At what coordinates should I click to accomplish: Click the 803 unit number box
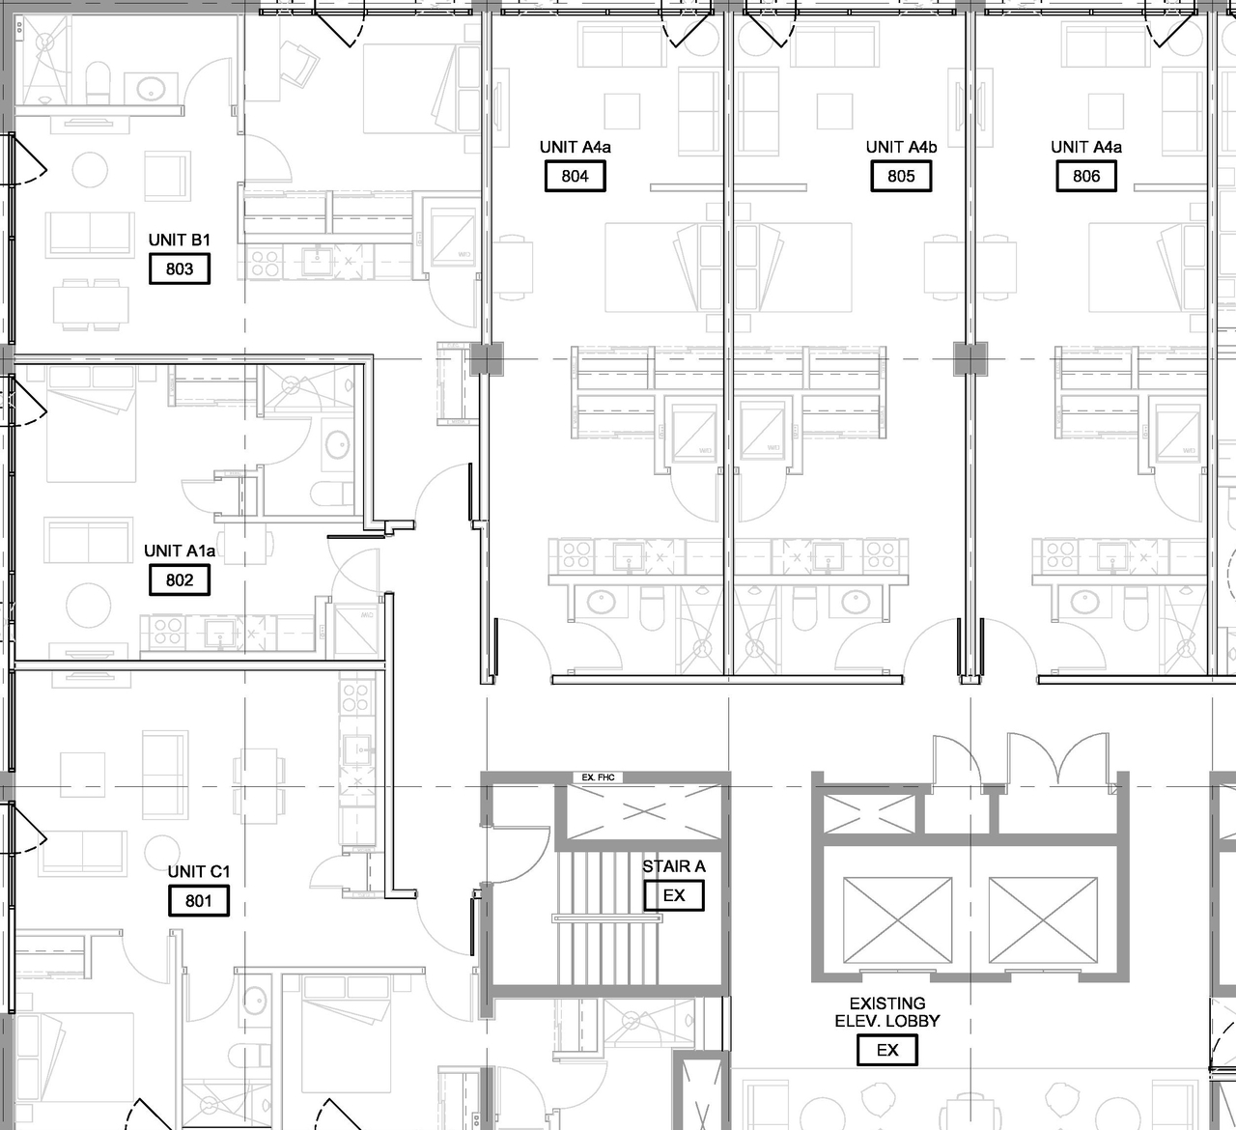click(180, 269)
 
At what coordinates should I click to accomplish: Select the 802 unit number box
click(180, 580)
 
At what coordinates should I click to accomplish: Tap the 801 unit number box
click(199, 901)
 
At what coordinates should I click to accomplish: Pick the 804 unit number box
click(575, 176)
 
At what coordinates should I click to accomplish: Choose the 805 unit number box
click(901, 176)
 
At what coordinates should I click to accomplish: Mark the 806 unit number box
click(1086, 176)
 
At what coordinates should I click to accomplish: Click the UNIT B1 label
click(180, 240)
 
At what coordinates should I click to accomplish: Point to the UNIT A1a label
click(180, 551)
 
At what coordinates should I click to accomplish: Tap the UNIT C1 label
click(199, 872)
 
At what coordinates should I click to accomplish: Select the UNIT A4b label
click(901, 147)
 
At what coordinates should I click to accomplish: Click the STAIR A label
click(674, 866)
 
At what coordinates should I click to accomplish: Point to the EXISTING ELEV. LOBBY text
click(887, 1012)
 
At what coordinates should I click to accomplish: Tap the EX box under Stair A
click(674, 895)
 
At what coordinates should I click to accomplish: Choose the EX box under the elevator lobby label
click(887, 1050)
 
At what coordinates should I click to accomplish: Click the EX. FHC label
click(599, 777)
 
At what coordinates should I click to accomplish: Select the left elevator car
click(897, 921)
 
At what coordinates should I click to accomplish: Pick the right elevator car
click(1043, 921)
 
